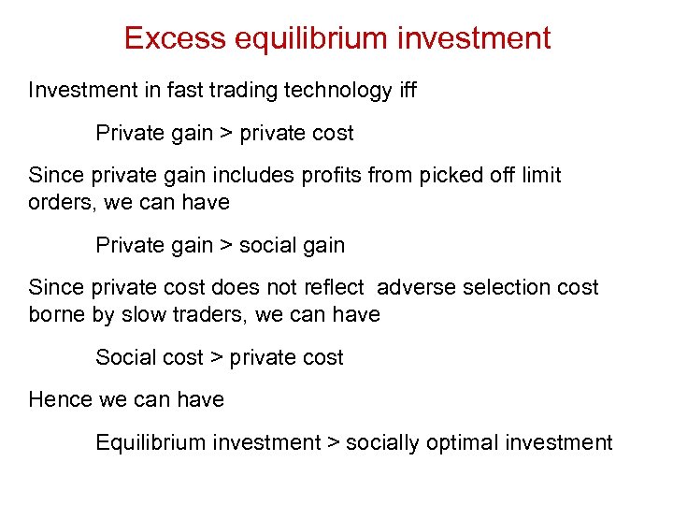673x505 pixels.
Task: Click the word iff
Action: coord(407,91)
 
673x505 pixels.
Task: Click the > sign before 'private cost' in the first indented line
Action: coord(226,134)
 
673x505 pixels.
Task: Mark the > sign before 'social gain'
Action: coord(226,246)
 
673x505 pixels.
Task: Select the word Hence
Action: coord(60,399)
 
